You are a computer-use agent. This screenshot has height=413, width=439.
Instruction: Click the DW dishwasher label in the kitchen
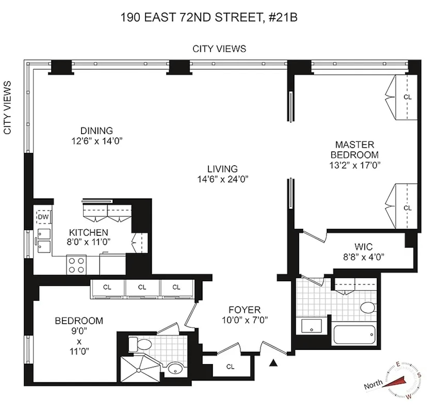click(x=43, y=217)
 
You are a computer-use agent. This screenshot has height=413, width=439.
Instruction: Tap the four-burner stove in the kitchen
click(x=76, y=265)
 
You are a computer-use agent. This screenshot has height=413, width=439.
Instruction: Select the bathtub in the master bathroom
click(x=354, y=334)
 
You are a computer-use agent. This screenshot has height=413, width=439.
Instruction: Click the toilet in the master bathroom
click(x=368, y=308)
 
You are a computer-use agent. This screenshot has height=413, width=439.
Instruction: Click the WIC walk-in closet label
click(x=363, y=247)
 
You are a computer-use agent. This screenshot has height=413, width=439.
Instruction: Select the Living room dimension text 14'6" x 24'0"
click(x=223, y=179)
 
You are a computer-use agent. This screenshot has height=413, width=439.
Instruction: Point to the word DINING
click(x=97, y=130)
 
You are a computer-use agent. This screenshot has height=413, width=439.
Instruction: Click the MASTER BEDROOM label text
click(x=354, y=150)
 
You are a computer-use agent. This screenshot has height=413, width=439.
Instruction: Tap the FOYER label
click(x=244, y=310)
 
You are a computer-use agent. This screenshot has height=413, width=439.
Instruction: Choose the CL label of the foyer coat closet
click(x=230, y=367)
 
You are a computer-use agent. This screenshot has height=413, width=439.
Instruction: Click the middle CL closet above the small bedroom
click(x=142, y=287)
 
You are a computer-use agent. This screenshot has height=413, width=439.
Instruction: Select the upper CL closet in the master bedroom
click(x=407, y=97)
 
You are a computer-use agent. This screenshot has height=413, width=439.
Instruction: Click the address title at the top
click(x=209, y=18)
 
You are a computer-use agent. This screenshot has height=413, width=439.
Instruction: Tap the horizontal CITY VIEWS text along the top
click(x=219, y=49)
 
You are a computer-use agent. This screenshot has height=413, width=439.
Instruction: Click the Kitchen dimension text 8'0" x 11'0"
click(x=89, y=242)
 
